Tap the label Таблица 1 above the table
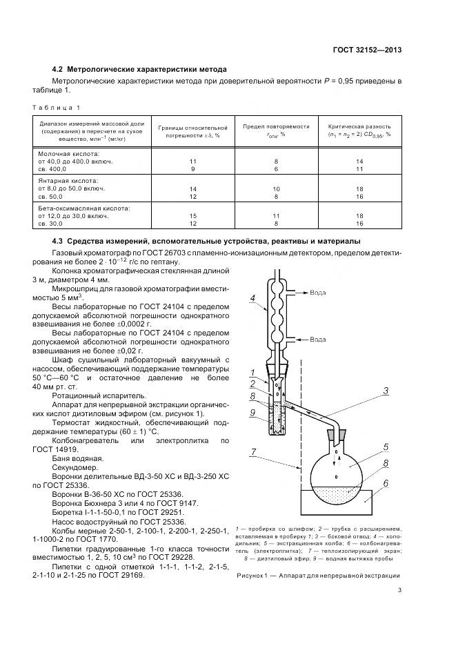pyautogui.click(x=57, y=108)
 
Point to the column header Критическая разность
pyautogui.click(x=359, y=127)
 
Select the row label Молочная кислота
pyautogui.click(x=69, y=153)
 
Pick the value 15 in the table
pyautogui.click(x=193, y=216)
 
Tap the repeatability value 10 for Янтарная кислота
pyautogui.click(x=276, y=188)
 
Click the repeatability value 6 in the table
pyautogui.click(x=276, y=168)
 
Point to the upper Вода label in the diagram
pyautogui.click(x=318, y=293)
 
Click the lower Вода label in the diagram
pyautogui.click(x=318, y=340)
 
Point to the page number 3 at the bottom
pyautogui.click(x=399, y=590)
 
